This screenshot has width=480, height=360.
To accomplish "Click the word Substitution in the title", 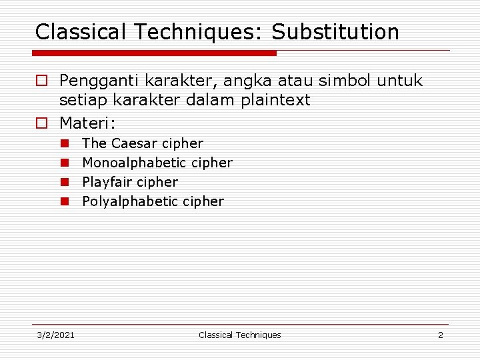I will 335,32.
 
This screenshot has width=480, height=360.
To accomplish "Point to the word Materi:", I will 88,123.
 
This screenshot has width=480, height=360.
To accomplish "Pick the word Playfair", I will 107,182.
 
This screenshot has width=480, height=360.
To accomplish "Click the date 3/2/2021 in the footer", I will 55,335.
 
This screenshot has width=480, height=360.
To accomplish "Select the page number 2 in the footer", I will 440,335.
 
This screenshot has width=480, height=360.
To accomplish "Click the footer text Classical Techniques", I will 240,335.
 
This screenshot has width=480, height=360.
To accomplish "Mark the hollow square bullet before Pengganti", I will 41,81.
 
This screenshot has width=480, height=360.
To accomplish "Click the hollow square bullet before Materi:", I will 41,123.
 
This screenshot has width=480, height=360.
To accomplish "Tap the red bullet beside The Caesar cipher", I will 65,143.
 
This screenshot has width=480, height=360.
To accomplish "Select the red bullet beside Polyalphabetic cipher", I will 65,201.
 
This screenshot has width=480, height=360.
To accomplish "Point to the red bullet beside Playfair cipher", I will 65,182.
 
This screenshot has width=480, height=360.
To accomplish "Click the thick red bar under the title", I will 154,53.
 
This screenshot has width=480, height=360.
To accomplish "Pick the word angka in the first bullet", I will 246,81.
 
